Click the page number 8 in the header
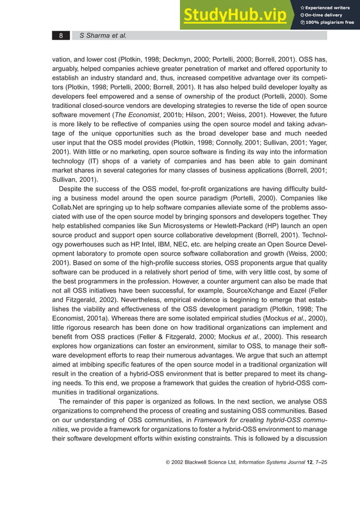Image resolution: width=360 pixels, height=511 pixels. click(x=61, y=36)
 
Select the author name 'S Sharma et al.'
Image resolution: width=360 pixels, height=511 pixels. click(x=103, y=36)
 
